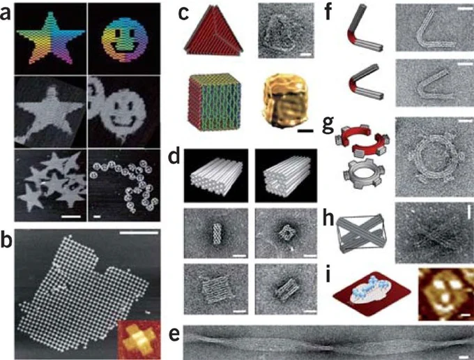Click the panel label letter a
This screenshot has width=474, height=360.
tap(6, 14)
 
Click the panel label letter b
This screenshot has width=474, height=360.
tap(6, 241)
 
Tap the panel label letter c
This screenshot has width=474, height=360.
tap(184, 14)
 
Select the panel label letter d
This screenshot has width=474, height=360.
tap(175, 156)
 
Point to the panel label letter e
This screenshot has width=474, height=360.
tap(174, 335)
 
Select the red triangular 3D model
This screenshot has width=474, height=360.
tap(213, 31)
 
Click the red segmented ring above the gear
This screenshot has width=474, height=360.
tap(362, 141)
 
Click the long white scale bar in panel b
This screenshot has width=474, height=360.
tap(139, 232)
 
